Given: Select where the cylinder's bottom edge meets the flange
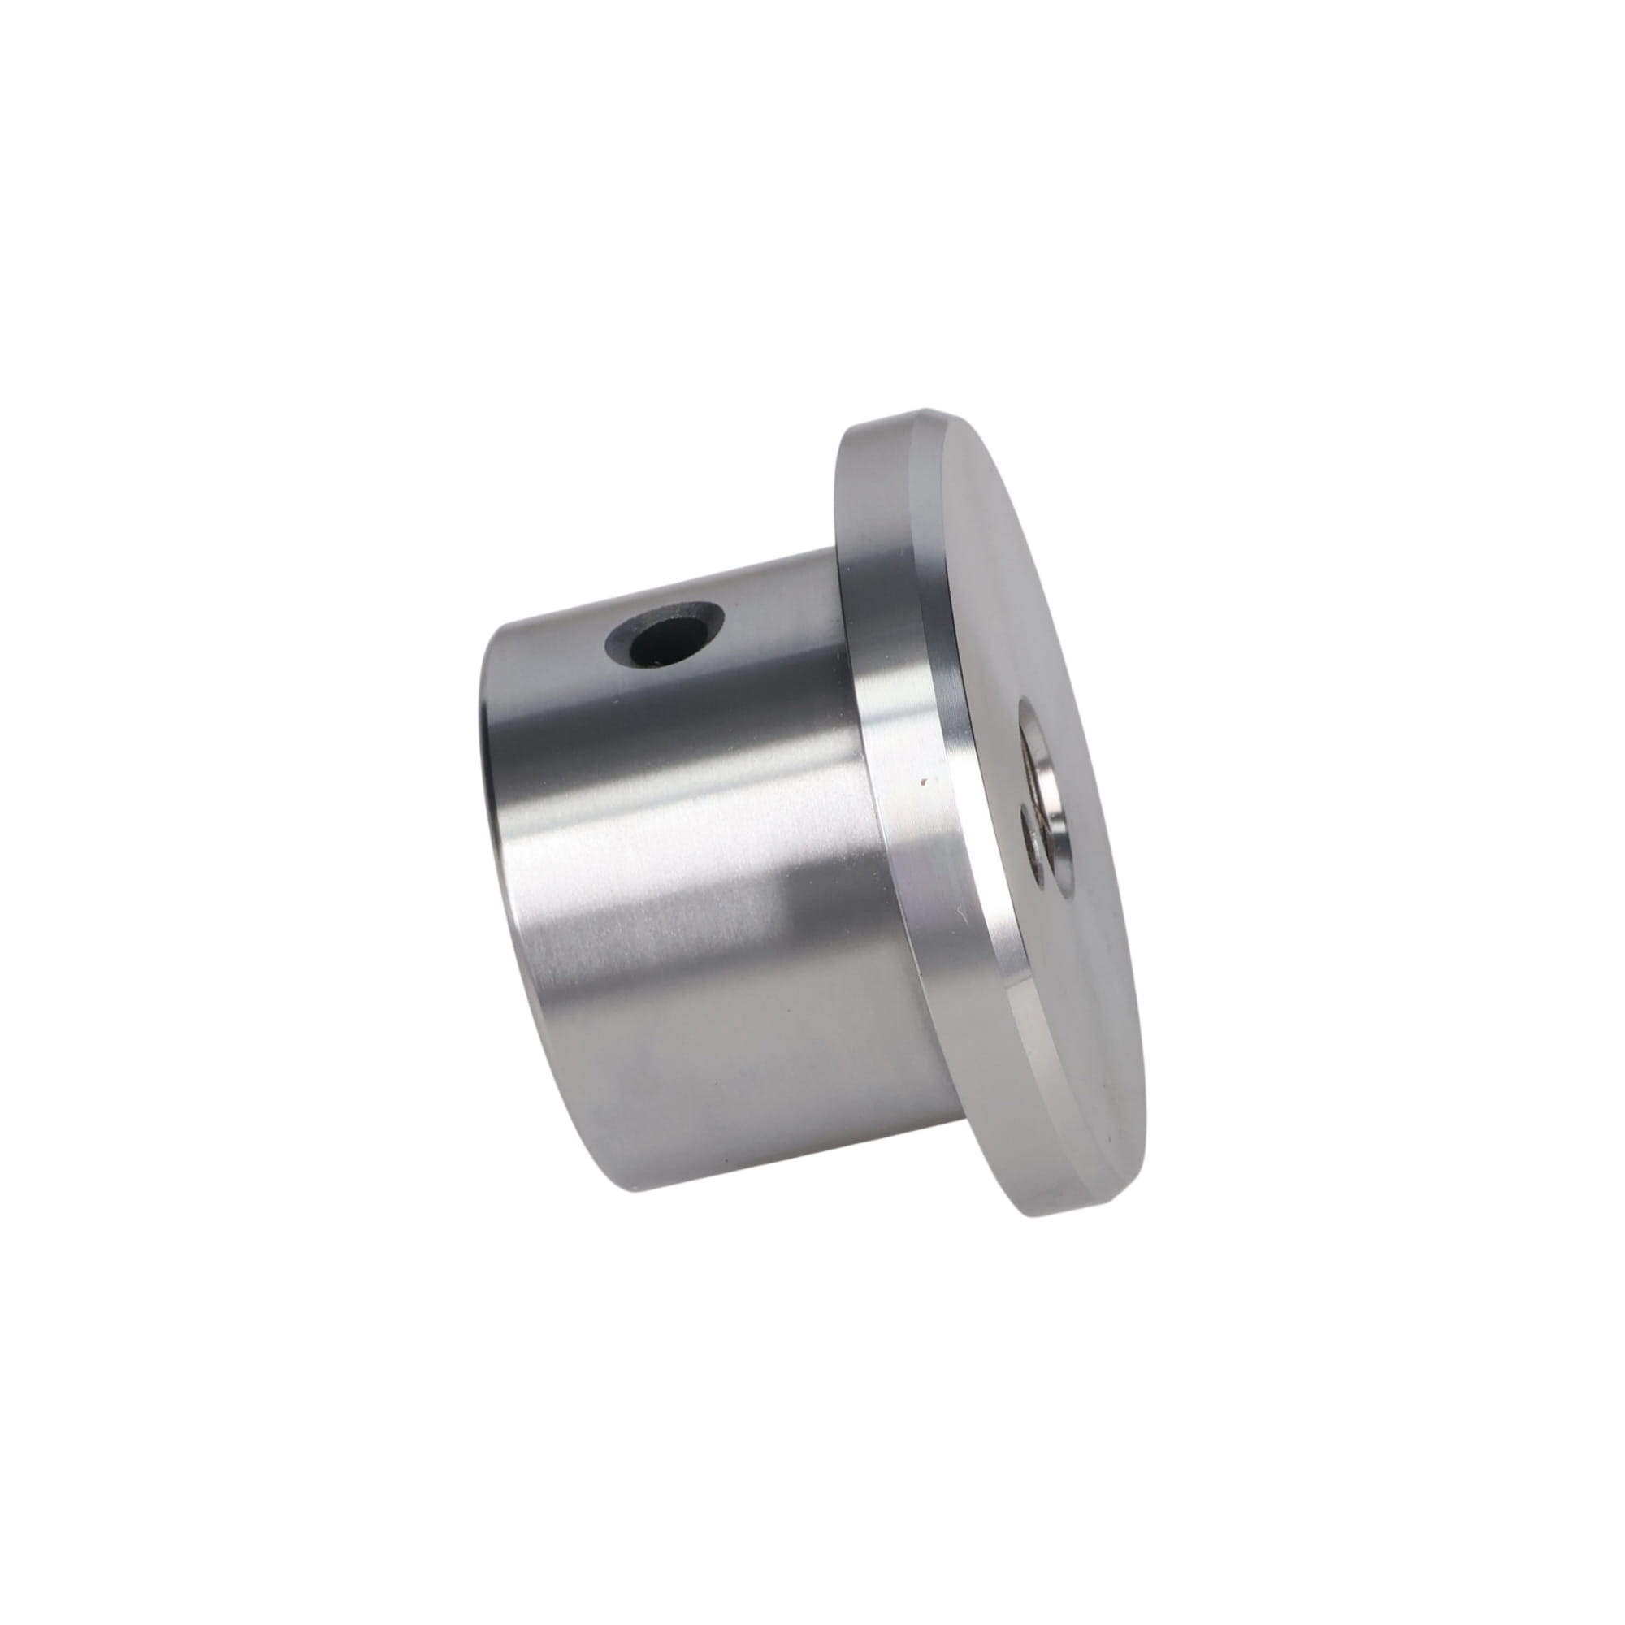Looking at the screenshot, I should (959, 1119).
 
